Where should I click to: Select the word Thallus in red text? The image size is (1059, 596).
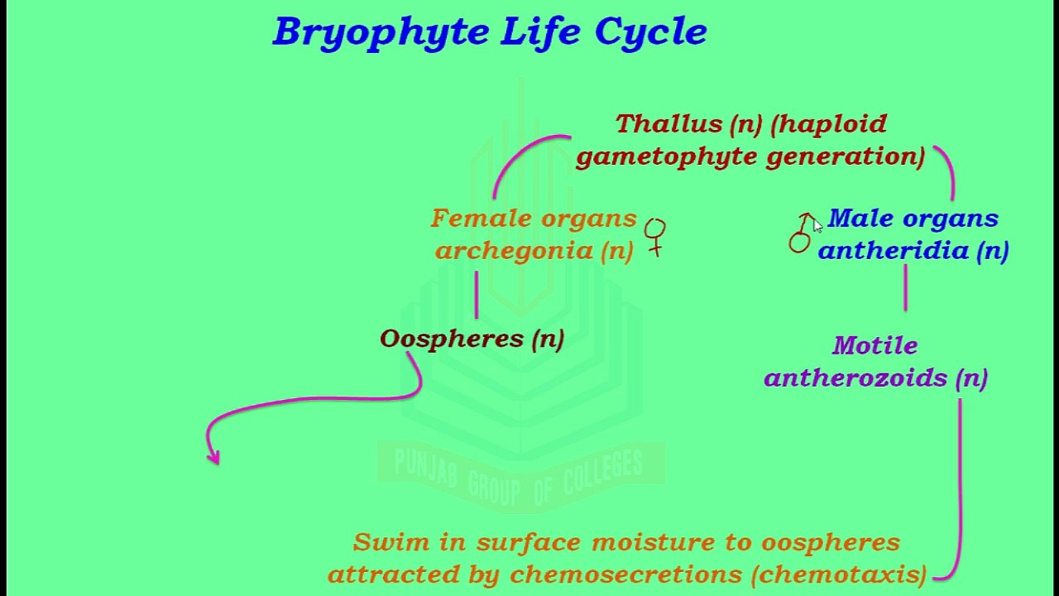pyautogui.click(x=668, y=124)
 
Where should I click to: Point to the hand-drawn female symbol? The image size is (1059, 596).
pyautogui.click(x=655, y=236)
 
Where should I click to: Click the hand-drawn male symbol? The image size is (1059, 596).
pyautogui.click(x=801, y=233)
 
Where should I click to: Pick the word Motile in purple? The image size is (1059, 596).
pyautogui.click(x=875, y=345)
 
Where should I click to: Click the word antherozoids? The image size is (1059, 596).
pyautogui.click(x=857, y=378)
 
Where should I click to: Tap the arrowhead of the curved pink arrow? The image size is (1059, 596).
pyautogui.click(x=214, y=456)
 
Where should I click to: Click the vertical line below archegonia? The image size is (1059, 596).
pyautogui.click(x=477, y=295)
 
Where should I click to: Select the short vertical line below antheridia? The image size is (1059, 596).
pyautogui.click(x=906, y=287)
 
